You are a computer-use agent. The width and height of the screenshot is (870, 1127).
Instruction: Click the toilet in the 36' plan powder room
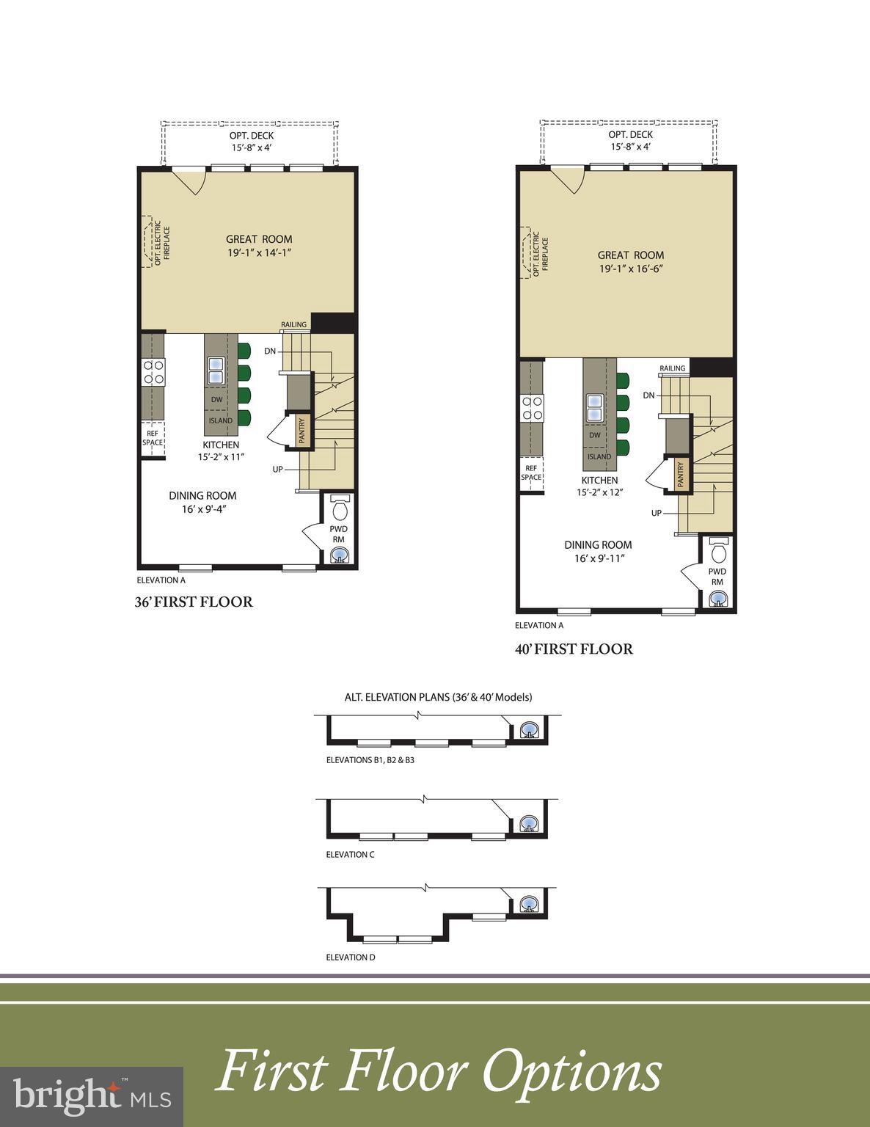click(340, 508)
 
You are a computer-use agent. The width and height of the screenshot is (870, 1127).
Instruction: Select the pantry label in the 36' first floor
click(301, 431)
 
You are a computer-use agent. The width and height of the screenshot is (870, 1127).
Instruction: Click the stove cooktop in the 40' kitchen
click(531, 408)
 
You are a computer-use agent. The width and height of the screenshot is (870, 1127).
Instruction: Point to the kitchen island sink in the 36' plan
click(216, 371)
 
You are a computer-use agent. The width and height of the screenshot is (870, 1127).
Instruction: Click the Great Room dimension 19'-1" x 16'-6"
click(631, 269)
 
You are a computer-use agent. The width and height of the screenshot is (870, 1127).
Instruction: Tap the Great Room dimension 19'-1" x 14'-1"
click(259, 252)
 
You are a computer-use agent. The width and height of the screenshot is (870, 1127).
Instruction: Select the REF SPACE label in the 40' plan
click(531, 473)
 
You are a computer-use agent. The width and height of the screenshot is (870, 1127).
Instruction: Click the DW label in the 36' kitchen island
click(216, 400)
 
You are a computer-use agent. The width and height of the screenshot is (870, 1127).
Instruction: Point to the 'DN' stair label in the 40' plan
click(648, 395)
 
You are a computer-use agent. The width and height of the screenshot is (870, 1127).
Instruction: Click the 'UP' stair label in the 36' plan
click(277, 469)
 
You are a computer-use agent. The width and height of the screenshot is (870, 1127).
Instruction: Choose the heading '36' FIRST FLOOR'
click(194, 602)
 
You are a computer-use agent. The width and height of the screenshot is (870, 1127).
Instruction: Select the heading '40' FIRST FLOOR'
click(574, 649)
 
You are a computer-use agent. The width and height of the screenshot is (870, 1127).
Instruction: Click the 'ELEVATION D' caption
click(351, 957)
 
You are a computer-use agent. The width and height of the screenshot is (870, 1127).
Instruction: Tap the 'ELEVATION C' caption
click(350, 854)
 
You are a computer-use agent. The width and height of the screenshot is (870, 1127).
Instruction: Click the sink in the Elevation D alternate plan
click(528, 905)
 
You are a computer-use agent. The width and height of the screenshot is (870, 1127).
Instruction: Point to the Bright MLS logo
click(92, 1096)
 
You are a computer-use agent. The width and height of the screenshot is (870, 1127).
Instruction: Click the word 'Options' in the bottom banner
click(571, 1072)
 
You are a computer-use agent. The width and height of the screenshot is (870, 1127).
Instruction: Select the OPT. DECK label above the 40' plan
click(630, 134)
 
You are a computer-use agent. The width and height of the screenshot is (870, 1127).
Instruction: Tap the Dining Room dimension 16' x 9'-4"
click(204, 509)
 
